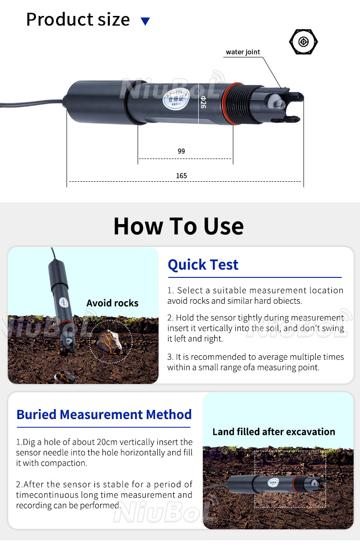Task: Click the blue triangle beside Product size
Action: tap(145, 21)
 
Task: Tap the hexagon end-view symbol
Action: tap(303, 42)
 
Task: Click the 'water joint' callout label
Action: tap(243, 52)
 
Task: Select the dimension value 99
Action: tap(181, 151)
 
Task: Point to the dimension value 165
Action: tap(181, 175)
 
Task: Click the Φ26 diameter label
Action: tap(203, 102)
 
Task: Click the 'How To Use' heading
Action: tap(179, 226)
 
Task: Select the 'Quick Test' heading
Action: tap(203, 265)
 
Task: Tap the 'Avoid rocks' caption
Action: tap(113, 303)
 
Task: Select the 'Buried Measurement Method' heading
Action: tap(104, 415)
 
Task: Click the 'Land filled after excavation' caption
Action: tap(273, 432)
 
